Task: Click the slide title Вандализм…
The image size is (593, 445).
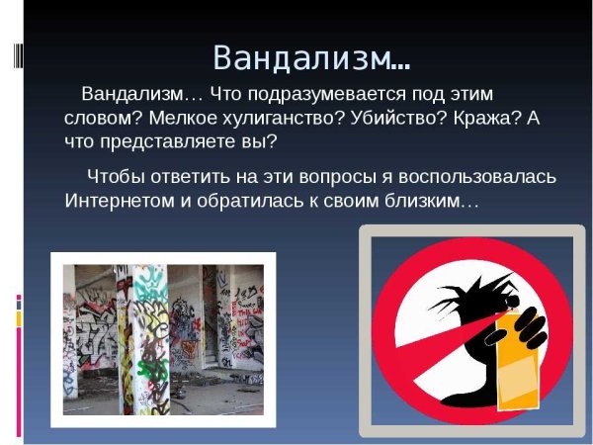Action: [x=312, y=57]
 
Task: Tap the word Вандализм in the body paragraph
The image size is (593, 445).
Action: [x=131, y=95]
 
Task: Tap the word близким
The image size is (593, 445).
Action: [x=435, y=201]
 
